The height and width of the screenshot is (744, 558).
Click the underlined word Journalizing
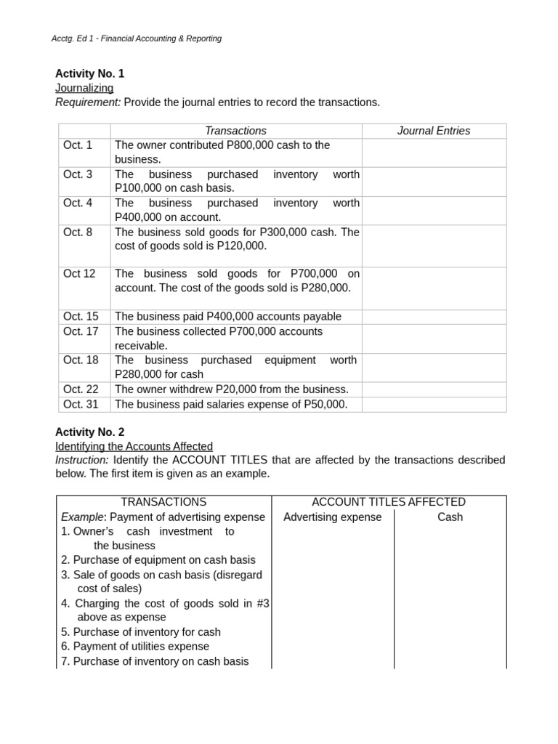(x=84, y=88)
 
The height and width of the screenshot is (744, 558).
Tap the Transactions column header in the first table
(x=235, y=131)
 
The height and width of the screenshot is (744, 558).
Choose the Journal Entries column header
(x=434, y=131)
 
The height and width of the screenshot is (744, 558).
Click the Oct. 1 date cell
(x=78, y=145)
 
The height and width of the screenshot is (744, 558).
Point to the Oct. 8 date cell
(x=78, y=232)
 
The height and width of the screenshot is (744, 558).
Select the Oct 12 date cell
(x=79, y=274)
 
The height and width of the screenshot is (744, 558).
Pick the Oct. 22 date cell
(x=81, y=389)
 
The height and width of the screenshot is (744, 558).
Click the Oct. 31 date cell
(x=81, y=404)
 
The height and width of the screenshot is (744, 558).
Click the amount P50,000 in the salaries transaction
(x=323, y=404)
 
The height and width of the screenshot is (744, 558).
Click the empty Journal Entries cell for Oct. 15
(x=434, y=317)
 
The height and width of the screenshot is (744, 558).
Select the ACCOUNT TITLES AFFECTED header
(x=389, y=502)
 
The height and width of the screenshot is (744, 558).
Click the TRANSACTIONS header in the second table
(x=163, y=502)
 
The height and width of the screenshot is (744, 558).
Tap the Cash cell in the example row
(x=450, y=517)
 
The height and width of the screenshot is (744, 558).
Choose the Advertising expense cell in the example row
(x=332, y=517)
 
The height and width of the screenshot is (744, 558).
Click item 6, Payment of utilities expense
(x=135, y=647)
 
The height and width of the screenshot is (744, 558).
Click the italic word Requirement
(x=88, y=102)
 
